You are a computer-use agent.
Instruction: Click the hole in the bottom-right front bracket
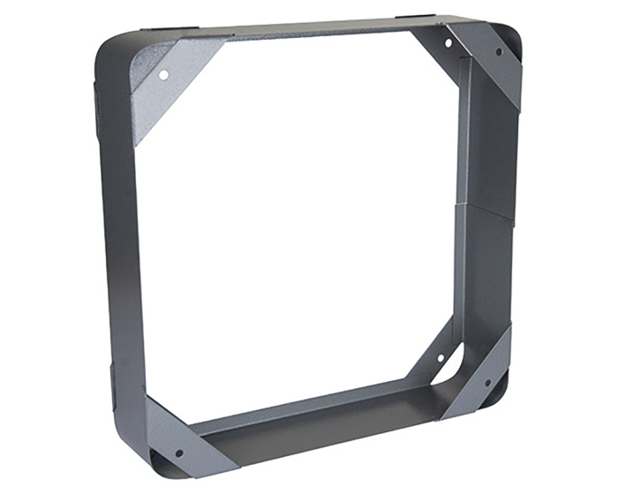click(485, 383)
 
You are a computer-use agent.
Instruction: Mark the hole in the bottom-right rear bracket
click(440, 360)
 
